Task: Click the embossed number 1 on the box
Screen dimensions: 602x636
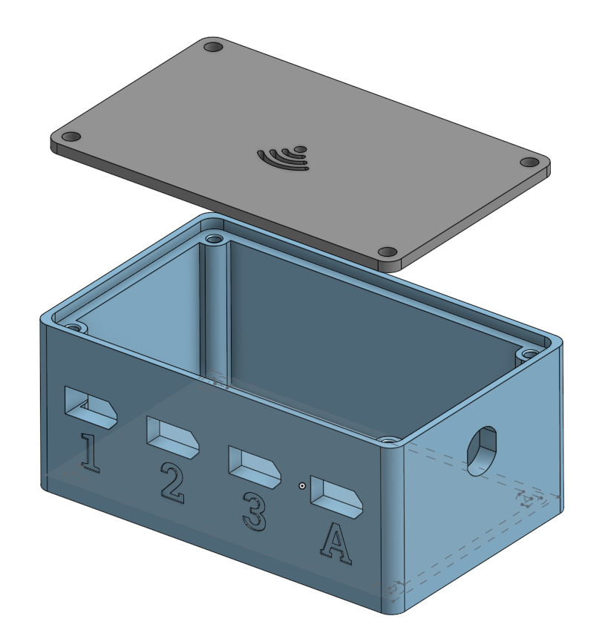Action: [90, 453]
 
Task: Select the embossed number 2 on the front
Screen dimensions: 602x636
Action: [172, 483]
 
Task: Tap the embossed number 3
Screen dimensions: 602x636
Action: [255, 511]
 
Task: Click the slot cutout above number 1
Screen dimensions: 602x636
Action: [91, 407]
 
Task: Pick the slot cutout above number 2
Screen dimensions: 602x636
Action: [172, 437]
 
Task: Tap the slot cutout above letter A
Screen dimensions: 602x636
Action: [336, 497]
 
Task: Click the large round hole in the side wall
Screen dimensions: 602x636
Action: [482, 450]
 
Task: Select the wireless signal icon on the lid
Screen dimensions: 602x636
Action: [283, 158]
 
